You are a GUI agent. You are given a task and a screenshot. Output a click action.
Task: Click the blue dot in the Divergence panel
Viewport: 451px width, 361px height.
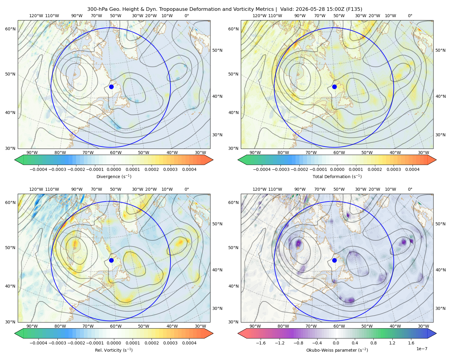coord(111,87)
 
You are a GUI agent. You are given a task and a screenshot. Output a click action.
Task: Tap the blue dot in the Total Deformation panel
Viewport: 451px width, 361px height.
coord(334,87)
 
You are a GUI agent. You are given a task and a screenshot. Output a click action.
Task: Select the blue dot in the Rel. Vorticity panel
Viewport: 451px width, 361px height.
coord(111,260)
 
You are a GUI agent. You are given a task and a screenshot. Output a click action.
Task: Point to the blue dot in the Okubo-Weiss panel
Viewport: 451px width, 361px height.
coord(334,260)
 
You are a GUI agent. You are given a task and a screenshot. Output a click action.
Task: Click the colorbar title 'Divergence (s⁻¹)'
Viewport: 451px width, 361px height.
coord(114,176)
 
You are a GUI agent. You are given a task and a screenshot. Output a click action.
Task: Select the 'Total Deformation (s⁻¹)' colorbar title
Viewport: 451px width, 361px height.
coord(337,176)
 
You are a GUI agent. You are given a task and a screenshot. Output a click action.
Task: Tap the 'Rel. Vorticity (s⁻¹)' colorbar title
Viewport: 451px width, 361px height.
coord(114,350)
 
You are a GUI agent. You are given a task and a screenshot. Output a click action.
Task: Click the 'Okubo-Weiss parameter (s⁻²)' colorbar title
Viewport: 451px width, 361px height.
coord(337,350)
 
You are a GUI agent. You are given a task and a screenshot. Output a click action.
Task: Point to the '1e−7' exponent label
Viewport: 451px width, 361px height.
coord(422,349)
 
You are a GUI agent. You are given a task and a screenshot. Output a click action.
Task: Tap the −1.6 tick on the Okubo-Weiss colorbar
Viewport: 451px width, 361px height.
coord(261,343)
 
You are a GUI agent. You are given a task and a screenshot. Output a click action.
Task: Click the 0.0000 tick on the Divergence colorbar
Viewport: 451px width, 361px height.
coord(114,169)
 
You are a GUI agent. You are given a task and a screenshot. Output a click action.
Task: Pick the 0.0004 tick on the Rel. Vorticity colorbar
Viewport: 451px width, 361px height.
coord(189,343)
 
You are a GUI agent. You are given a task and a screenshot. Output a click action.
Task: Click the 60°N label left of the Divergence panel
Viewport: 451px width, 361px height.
coord(10,29)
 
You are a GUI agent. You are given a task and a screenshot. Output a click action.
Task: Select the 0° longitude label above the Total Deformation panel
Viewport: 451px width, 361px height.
coord(410,16)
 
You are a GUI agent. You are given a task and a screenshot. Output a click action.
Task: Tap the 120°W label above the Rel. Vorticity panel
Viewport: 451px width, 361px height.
coord(36,189)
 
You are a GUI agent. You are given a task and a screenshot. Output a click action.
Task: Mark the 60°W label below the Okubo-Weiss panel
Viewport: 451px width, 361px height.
coord(339,326)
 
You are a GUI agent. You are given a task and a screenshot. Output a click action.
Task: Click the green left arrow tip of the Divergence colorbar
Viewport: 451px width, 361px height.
coord(15,160)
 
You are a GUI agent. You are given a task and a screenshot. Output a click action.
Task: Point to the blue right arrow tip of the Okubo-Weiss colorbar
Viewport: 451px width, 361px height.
coord(436,333)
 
